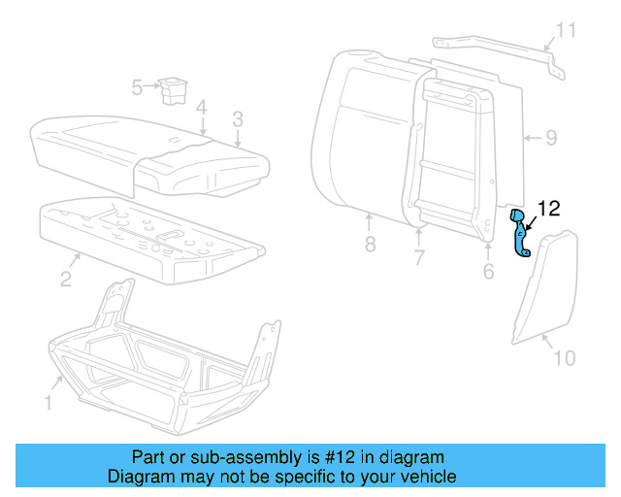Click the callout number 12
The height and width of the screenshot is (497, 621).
coord(548,207)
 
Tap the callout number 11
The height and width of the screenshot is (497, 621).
coord(565,30)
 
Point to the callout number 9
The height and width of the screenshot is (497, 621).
coord(550,138)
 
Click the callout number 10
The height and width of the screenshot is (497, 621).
coord(564,358)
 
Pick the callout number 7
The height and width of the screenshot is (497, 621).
coord(419,257)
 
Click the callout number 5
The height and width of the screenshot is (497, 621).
coord(137,88)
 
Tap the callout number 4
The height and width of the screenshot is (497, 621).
coord(200,107)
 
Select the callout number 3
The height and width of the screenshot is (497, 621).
coord(237,119)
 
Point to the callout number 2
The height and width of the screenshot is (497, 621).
coord(65,280)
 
